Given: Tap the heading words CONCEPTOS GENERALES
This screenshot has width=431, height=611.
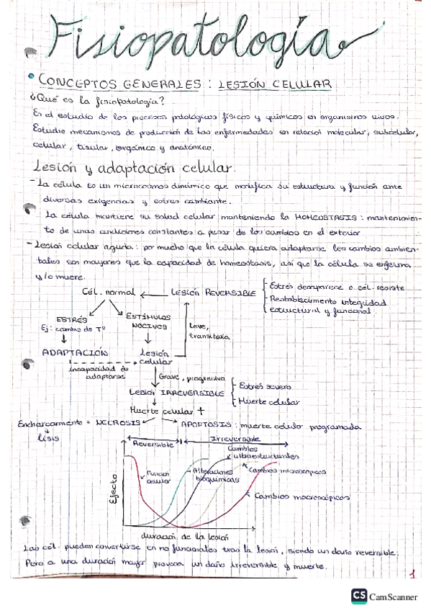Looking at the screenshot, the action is [119, 84].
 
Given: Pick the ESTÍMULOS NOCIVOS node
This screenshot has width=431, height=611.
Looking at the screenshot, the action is [148, 321].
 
